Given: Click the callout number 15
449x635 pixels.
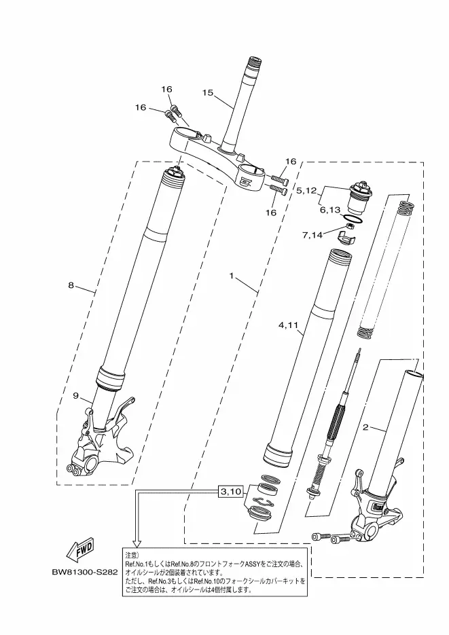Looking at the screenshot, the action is pos(208,93).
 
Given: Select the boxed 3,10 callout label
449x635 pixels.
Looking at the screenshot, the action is pos(231,492).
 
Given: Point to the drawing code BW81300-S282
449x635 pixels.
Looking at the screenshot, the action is pos(85,573).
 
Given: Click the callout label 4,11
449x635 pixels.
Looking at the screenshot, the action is pos(288,325).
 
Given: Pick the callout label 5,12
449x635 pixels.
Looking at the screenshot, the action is pos(307,190).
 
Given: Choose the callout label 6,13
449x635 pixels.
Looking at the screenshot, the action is pos(329,210).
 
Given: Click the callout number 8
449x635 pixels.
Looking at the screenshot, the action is pos(71,285).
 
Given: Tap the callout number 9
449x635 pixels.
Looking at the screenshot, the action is pos(75,396).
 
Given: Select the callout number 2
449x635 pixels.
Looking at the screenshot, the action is pos(365,427).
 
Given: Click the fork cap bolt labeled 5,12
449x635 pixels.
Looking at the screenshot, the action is pos(358,198).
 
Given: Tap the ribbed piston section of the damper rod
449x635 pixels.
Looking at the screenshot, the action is pos(336,422).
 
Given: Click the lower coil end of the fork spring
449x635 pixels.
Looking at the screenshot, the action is pos(365,333).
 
